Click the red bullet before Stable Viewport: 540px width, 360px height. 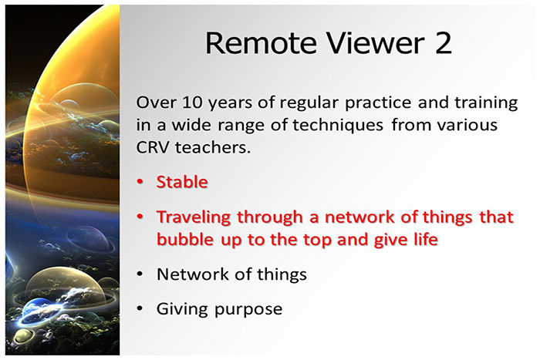[x=140, y=183]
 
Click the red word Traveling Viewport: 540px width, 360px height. [x=193, y=218]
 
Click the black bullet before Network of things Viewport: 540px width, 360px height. [x=140, y=275]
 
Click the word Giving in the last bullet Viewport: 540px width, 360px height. [x=180, y=310]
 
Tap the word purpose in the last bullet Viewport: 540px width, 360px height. [x=246, y=311]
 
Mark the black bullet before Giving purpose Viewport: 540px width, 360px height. [x=140, y=311]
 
